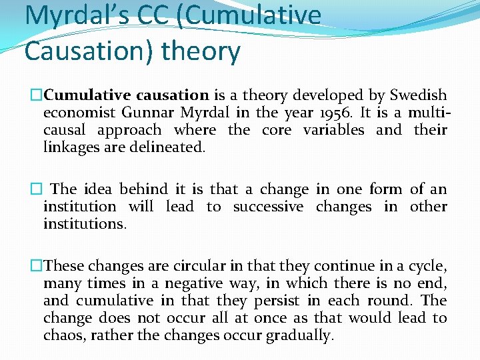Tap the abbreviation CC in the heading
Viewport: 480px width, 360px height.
point(155,15)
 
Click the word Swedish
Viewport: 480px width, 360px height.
point(418,95)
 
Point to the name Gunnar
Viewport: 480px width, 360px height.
point(150,113)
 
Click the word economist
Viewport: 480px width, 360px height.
point(79,113)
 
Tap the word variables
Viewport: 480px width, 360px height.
point(333,130)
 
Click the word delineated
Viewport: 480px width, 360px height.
point(169,147)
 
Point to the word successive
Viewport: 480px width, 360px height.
point(268,207)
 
